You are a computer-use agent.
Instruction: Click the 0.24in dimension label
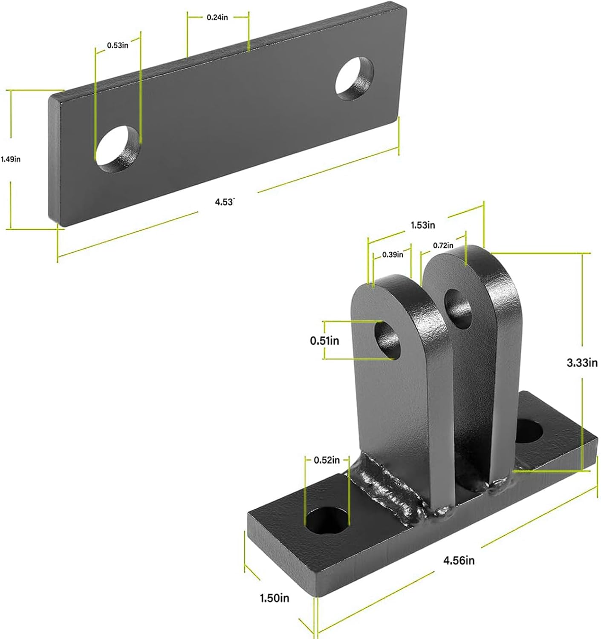click(217, 17)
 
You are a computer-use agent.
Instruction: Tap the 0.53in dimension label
click(118, 45)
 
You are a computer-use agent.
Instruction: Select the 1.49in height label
click(11, 159)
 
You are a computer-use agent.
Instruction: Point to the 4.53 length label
click(225, 202)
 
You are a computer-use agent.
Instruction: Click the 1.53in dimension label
click(422, 225)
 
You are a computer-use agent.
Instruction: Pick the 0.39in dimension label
click(392, 255)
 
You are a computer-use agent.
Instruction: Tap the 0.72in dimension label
click(443, 245)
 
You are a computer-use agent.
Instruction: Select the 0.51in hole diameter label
click(324, 340)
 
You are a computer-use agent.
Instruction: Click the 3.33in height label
click(582, 363)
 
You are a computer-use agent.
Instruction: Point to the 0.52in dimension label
click(327, 460)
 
